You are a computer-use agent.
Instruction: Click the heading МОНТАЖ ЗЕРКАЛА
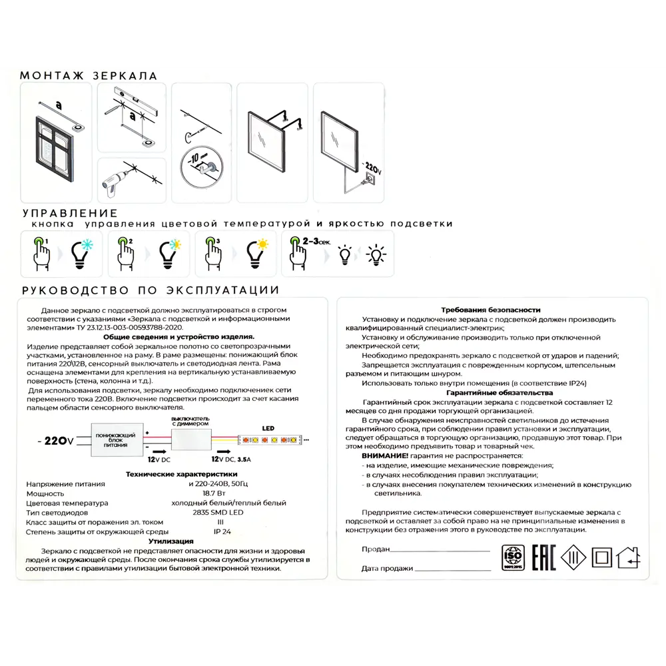coord(89,76)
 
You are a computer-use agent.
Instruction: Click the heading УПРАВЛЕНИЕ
coord(70,213)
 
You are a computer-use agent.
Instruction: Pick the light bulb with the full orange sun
coord(257,253)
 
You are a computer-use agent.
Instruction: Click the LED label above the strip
coord(267,428)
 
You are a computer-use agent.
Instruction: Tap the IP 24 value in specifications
coord(222,532)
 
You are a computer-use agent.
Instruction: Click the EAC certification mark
coord(545,557)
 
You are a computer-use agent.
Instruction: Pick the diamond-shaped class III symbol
coord(573,558)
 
